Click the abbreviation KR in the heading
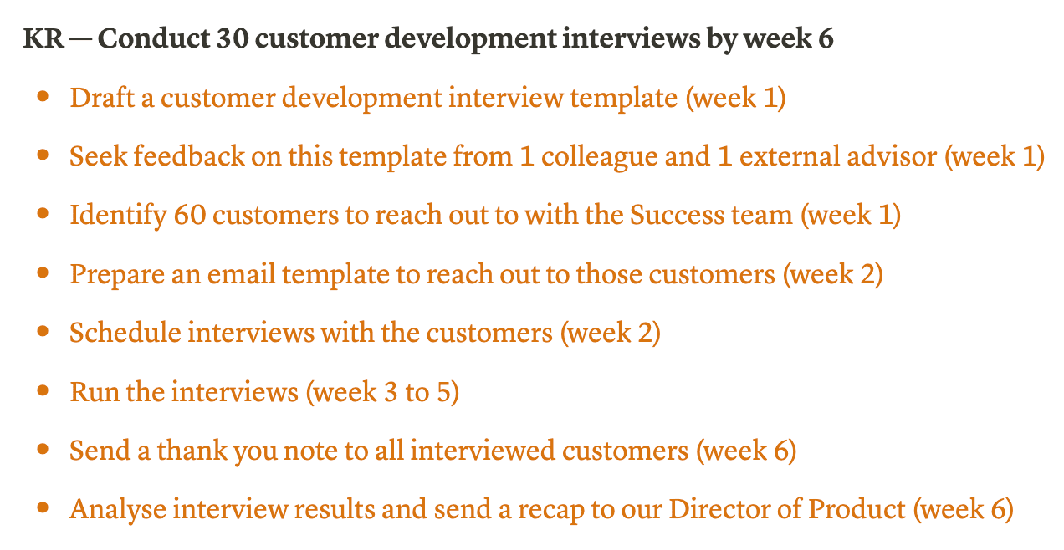click(43, 38)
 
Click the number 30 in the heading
click(233, 38)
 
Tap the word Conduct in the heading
click(154, 38)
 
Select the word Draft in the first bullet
click(102, 98)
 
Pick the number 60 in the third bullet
click(190, 216)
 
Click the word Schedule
click(125, 332)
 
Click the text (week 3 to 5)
click(382, 393)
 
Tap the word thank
click(192, 450)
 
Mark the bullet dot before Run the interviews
click(43, 390)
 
